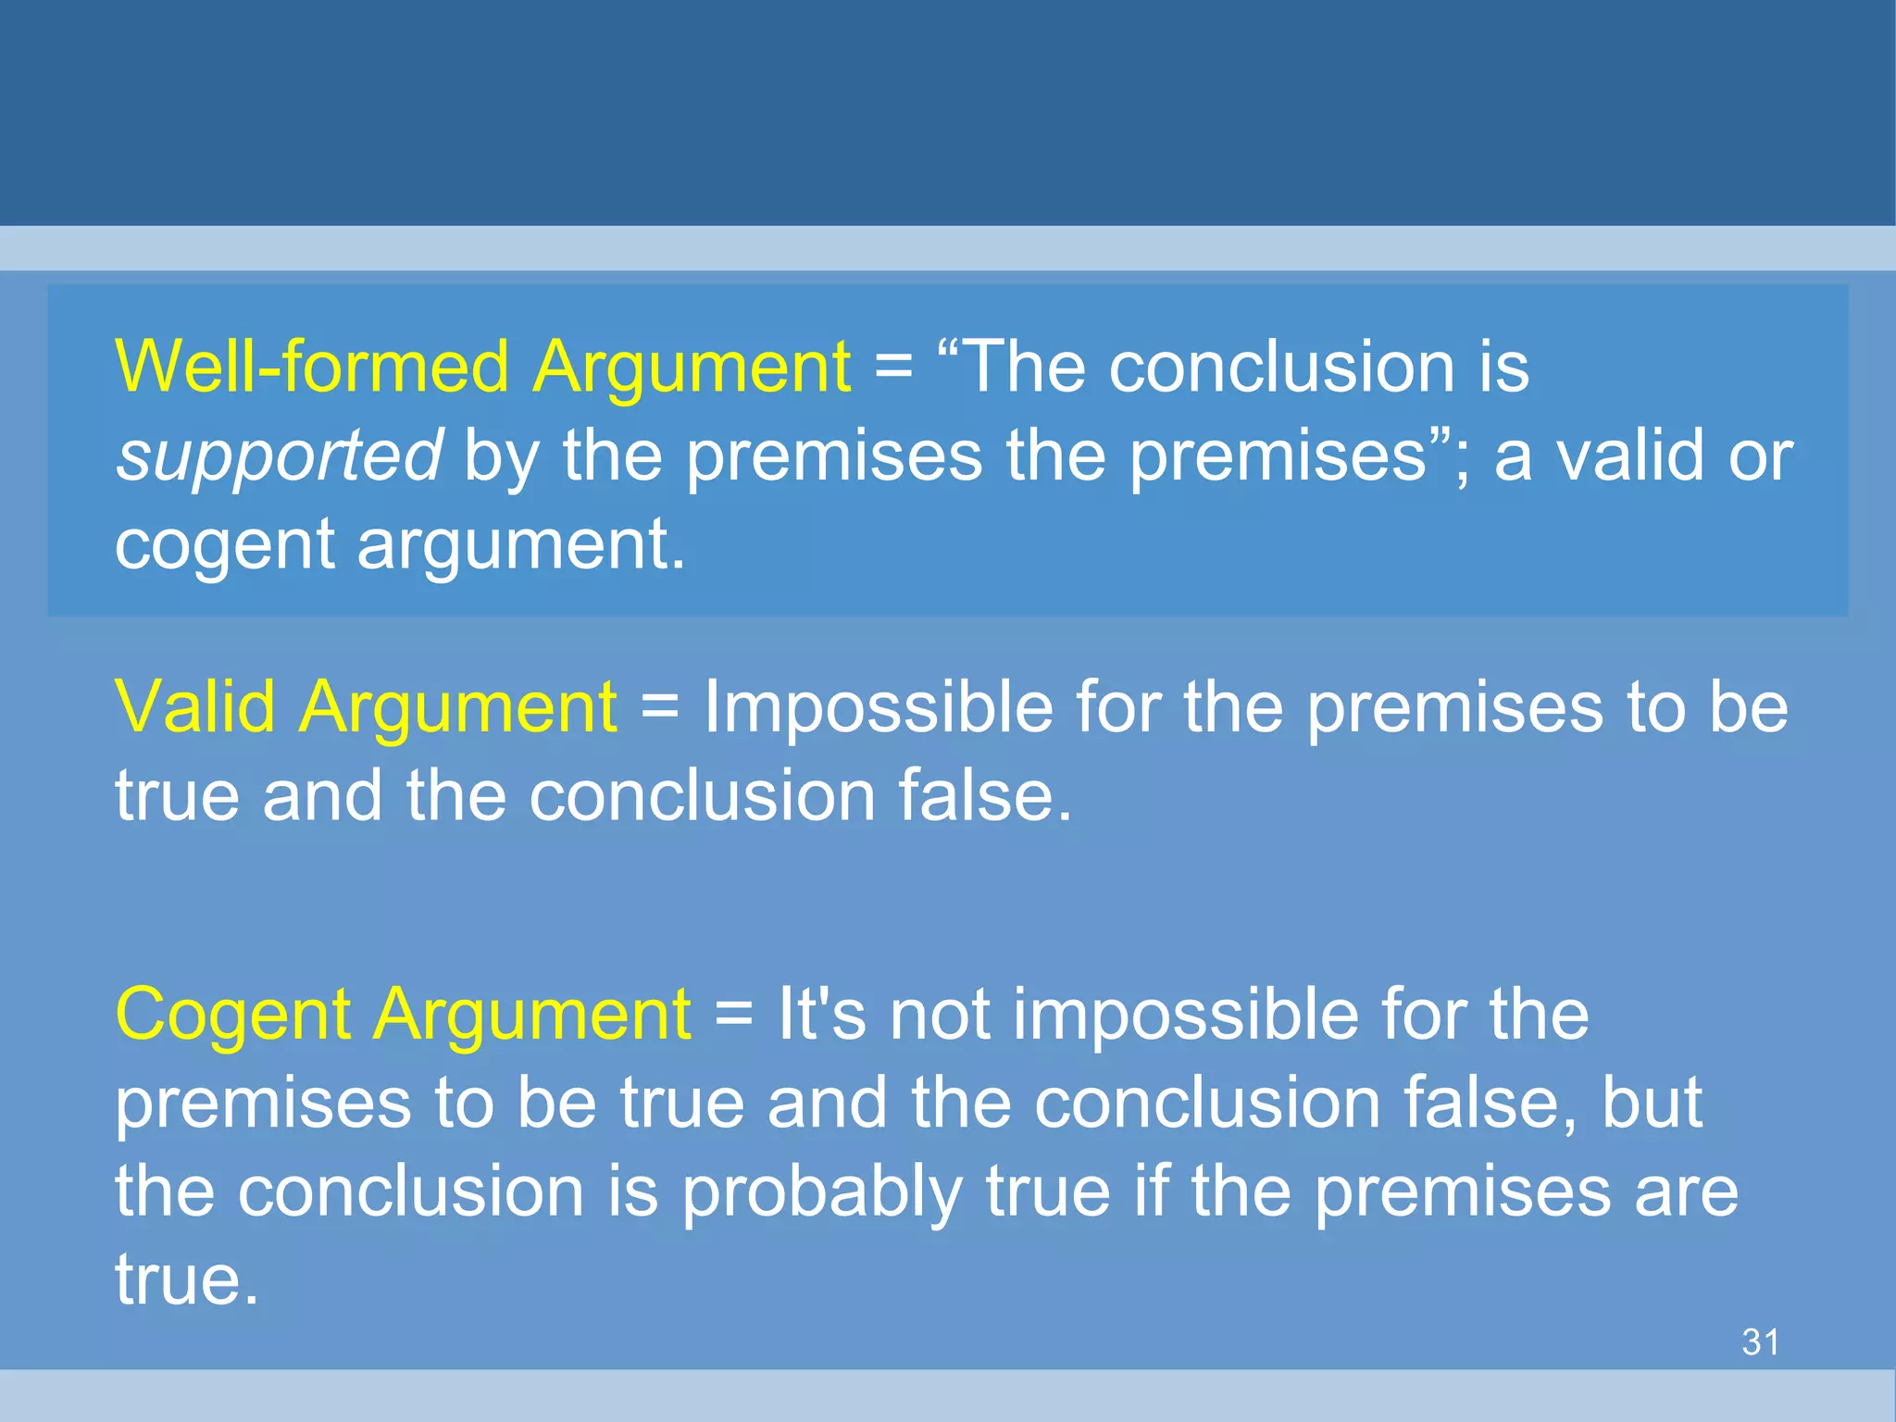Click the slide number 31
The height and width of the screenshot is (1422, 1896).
coord(1760,1341)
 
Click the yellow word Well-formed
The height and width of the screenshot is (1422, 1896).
coord(312,367)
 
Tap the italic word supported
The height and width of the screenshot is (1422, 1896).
coord(279,455)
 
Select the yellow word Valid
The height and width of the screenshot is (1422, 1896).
coord(195,707)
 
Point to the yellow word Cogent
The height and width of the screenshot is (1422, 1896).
coord(232,1015)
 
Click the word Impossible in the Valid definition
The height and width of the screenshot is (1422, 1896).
coord(879,707)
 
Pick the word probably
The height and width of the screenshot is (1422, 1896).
coord(821,1192)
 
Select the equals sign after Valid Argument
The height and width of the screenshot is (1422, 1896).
coord(660,707)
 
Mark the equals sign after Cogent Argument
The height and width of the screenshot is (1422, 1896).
coord(734,1015)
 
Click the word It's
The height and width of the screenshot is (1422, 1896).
coord(822,1015)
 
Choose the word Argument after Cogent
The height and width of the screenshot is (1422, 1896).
coord(532,1015)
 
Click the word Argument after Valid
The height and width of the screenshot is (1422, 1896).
coord(458,707)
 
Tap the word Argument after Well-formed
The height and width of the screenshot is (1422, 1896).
coord(692,367)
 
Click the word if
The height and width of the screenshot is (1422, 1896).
coord(1150,1192)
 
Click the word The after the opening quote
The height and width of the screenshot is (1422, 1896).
coord(1023,367)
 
